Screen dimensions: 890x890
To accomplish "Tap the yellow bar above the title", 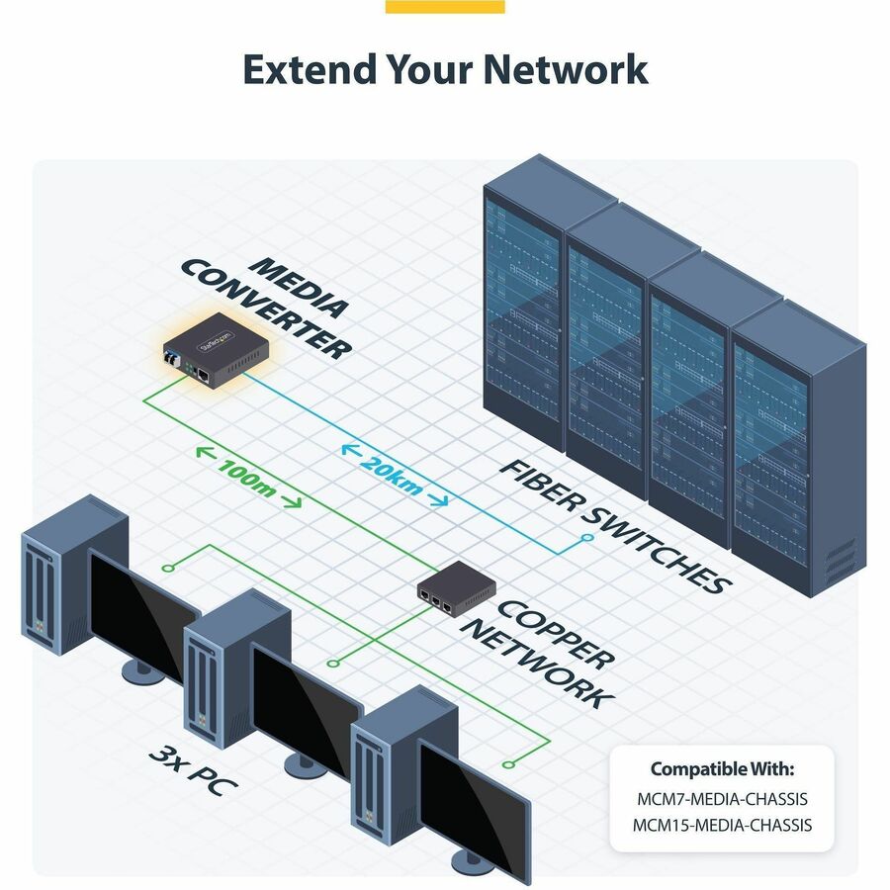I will tap(444, 6).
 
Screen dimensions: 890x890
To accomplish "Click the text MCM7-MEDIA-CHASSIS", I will tap(721, 798).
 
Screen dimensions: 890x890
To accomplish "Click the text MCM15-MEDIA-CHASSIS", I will tap(721, 824).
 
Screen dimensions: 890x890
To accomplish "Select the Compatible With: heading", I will tap(721, 768).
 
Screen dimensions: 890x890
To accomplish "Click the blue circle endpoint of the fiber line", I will tap(586, 538).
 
